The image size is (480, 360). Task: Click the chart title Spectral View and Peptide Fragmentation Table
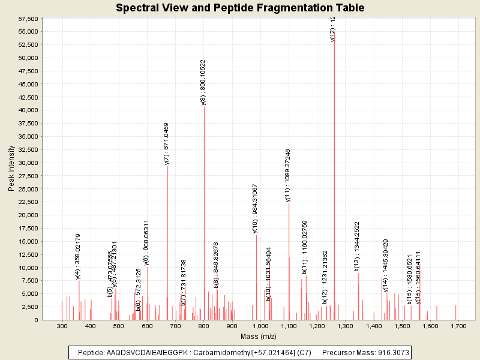pos(240,8)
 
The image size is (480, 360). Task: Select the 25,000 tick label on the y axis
pos(29,189)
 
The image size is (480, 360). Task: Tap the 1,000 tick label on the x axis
pos(260,326)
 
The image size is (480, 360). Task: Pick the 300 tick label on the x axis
pos(62,326)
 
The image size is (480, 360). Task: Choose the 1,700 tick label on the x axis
pos(458,326)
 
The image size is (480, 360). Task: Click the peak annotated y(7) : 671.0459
pos(167,240)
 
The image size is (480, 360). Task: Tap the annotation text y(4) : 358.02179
pos(78,257)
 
